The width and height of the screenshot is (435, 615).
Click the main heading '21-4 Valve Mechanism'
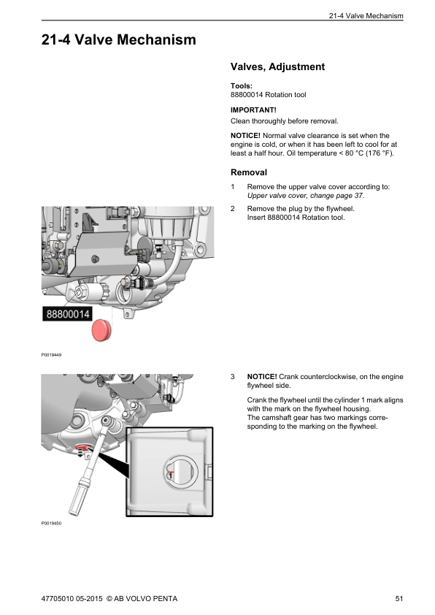click(x=118, y=40)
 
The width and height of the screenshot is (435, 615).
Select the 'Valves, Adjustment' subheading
click(x=277, y=67)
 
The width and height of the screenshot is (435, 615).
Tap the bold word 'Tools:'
click(x=242, y=85)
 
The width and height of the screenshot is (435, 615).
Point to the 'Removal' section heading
click(x=249, y=173)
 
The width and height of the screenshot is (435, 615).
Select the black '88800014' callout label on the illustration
click(x=68, y=315)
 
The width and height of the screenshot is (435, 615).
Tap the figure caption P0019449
click(x=52, y=356)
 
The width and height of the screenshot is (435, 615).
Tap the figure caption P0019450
click(x=52, y=524)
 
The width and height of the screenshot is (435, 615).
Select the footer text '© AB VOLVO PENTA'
click(x=142, y=599)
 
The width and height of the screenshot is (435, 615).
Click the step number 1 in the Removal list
click(x=233, y=188)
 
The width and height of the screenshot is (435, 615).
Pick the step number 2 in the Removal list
click(x=233, y=209)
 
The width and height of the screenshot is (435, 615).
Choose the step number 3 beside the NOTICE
click(x=233, y=377)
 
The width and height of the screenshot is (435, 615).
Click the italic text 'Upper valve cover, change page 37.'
click(x=306, y=196)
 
